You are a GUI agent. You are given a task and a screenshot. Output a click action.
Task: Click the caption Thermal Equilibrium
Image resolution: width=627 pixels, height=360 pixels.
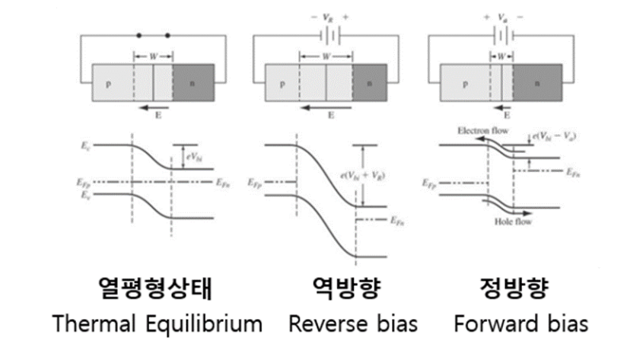point(158,323)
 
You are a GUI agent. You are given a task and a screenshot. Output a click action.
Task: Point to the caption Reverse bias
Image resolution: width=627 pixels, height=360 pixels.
point(353,323)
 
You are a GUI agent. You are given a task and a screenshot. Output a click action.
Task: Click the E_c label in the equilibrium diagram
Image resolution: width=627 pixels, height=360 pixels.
point(85,143)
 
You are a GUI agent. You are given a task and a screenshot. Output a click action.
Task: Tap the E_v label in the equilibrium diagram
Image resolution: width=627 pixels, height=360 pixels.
point(85,195)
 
